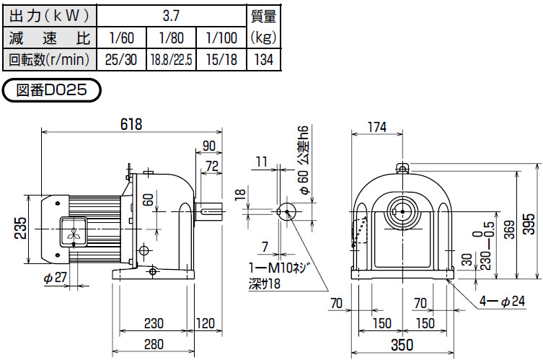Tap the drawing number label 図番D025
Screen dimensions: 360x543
(51, 91)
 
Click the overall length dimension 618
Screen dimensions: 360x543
(131, 124)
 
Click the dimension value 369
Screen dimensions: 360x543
(508, 229)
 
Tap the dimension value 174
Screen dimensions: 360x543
(376, 127)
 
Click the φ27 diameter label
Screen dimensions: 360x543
(55, 278)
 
